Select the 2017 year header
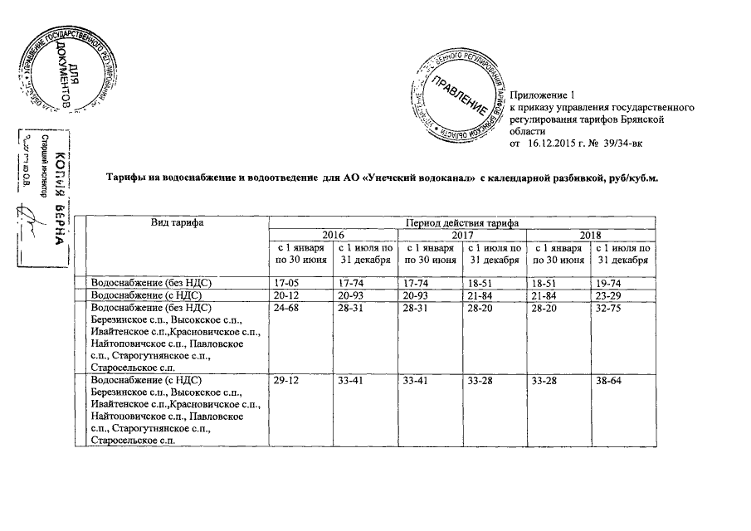[461, 236]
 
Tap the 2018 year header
[590, 236]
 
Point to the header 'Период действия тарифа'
[461, 223]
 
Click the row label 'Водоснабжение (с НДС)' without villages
[150, 295]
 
